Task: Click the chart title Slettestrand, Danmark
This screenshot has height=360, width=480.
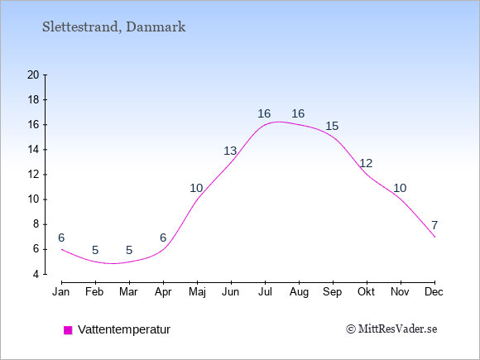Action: click(x=113, y=27)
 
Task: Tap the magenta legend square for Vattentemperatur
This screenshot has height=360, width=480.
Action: click(x=68, y=330)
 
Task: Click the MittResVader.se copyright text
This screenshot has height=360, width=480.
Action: click(x=391, y=329)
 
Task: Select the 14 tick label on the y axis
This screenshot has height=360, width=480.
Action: click(x=33, y=150)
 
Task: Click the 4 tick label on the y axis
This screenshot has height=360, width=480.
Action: click(x=36, y=274)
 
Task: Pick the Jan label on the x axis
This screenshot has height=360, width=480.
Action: click(x=61, y=292)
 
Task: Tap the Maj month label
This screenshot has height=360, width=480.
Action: click(x=197, y=292)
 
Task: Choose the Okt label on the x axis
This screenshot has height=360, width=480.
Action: click(x=366, y=292)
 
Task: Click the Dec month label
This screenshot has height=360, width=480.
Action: click(x=434, y=292)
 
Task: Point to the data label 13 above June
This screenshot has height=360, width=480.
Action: click(x=230, y=151)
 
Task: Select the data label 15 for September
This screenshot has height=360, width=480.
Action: click(x=332, y=126)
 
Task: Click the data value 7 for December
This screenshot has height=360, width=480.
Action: click(x=434, y=225)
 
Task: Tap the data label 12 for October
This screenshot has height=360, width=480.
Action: click(x=366, y=164)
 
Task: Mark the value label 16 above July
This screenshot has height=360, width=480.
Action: click(x=264, y=114)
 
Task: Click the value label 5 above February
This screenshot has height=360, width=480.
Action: click(x=95, y=251)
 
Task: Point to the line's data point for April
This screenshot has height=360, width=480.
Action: click(x=164, y=249)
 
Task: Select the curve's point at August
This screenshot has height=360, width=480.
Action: click(x=299, y=125)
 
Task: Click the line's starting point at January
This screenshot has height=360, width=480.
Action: click(x=61, y=249)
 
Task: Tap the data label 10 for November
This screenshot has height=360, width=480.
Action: click(x=400, y=188)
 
